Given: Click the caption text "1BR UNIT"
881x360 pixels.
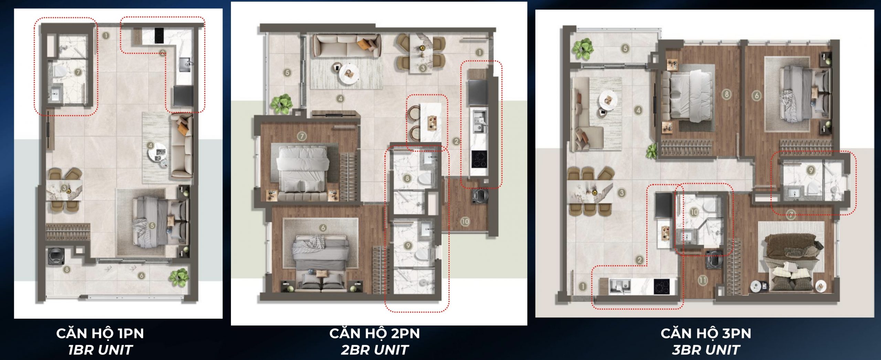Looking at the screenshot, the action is coord(100,350).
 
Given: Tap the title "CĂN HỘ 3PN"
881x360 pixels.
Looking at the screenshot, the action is coord(706,333).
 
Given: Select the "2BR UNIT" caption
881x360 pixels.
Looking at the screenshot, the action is coord(374,350).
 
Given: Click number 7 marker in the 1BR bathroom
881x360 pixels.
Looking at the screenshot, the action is coord(78,72).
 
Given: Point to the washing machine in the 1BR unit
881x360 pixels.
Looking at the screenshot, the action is coord(56,256).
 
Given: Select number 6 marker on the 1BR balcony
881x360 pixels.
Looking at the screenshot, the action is coord(141,275).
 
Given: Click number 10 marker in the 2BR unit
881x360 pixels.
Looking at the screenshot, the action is coord(465,221).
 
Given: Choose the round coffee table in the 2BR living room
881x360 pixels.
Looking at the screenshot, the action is coord(349,73).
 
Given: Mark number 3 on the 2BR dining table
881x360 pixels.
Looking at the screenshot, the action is coord(423,68).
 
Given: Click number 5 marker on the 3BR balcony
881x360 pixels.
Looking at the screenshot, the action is coord(625,49).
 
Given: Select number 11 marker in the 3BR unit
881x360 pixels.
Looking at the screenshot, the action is coord(702,280).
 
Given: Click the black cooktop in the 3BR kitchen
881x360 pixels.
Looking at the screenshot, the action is coord(661,287).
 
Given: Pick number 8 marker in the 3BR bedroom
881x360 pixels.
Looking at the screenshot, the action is coord(726,94).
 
